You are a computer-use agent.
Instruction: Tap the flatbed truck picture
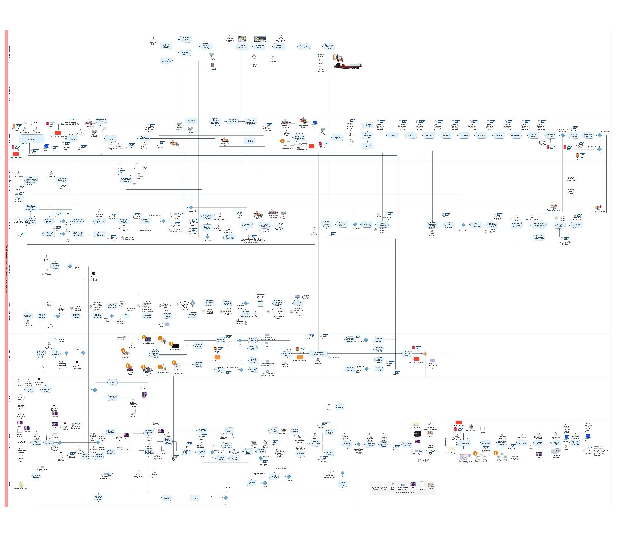point(348,66)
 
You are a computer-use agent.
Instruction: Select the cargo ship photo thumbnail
point(259,39)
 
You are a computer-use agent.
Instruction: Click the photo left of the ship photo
point(242,39)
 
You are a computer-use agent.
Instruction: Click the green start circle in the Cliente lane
point(21,485)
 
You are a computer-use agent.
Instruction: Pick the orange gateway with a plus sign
point(425,354)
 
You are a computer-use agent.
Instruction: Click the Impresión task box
point(338,138)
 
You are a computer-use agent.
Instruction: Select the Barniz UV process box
point(411,135)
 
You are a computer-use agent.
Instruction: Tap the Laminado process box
point(446,135)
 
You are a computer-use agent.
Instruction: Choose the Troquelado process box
point(464,135)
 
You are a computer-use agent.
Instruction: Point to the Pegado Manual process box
point(516,135)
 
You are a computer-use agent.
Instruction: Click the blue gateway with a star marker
point(192,303)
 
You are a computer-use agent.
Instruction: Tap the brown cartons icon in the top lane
point(212,65)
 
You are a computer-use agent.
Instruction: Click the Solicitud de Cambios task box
point(36,476)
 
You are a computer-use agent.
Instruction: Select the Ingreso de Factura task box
point(28,316)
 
